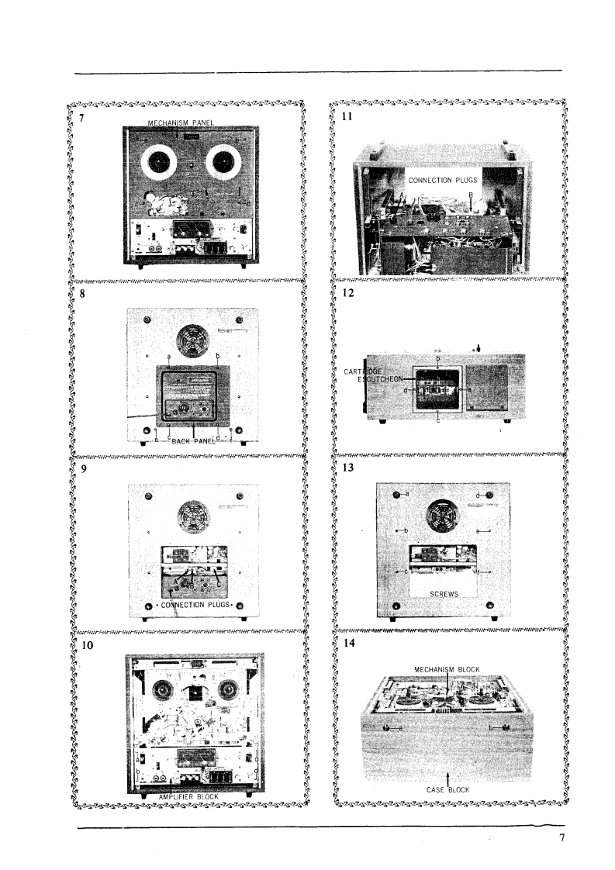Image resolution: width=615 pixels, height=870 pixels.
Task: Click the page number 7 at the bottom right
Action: coord(561,837)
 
